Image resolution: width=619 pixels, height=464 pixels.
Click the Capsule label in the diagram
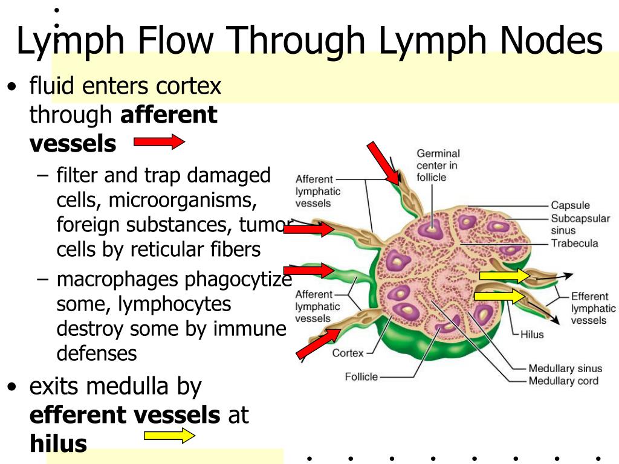pos(570,205)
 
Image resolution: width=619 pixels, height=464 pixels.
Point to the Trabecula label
pos(574,243)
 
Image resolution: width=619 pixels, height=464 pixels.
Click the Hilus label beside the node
pos(532,334)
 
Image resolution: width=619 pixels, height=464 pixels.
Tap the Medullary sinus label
pos(565,368)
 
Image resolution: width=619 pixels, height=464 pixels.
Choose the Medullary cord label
pos(563,381)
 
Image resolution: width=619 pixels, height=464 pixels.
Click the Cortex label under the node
pos(348,353)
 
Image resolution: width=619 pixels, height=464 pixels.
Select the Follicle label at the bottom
pos(361,377)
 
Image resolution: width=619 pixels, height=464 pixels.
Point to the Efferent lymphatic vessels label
pos(593,308)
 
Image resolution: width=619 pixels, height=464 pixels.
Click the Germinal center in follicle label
pos(438,165)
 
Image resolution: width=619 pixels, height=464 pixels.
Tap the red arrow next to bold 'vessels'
pos(159,143)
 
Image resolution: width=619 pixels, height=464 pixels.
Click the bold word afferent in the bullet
pos(169,115)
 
